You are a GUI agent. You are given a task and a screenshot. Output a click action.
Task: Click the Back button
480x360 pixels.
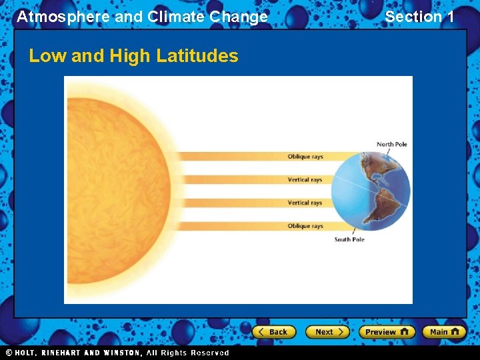pyautogui.click(x=273, y=331)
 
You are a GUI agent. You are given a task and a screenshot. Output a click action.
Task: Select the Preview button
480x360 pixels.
pyautogui.click(x=386, y=331)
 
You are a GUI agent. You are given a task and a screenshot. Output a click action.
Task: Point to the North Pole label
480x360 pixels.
pyautogui.click(x=391, y=145)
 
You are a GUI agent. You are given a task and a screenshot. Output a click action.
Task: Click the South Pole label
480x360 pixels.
pyautogui.click(x=349, y=239)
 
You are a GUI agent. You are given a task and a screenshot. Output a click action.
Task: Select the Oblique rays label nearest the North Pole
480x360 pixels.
pyautogui.click(x=305, y=157)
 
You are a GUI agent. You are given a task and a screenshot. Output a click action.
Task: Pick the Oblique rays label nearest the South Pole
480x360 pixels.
pyautogui.click(x=305, y=226)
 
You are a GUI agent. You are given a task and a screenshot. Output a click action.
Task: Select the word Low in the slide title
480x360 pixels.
pyautogui.click(x=47, y=56)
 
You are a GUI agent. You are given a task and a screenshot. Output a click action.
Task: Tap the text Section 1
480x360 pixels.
pyautogui.click(x=419, y=17)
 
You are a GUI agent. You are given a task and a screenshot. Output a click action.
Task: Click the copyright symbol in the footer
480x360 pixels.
pyautogui.click(x=9, y=353)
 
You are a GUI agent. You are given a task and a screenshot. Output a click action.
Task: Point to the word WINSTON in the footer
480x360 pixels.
pyautogui.click(x=121, y=353)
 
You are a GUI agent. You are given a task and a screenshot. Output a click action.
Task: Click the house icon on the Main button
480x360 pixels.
pyautogui.click(x=455, y=331)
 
